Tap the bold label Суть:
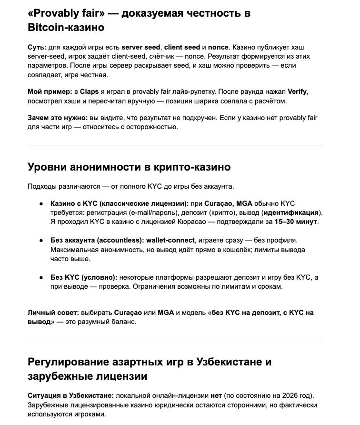click(x=37, y=48)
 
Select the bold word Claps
click(x=89, y=91)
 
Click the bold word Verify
click(x=300, y=91)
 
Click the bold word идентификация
click(x=292, y=212)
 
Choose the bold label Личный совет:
click(x=52, y=313)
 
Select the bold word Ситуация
click(x=45, y=396)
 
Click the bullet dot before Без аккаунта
click(x=41, y=241)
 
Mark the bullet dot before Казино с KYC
click(x=41, y=204)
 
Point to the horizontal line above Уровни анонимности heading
click(x=176, y=145)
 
